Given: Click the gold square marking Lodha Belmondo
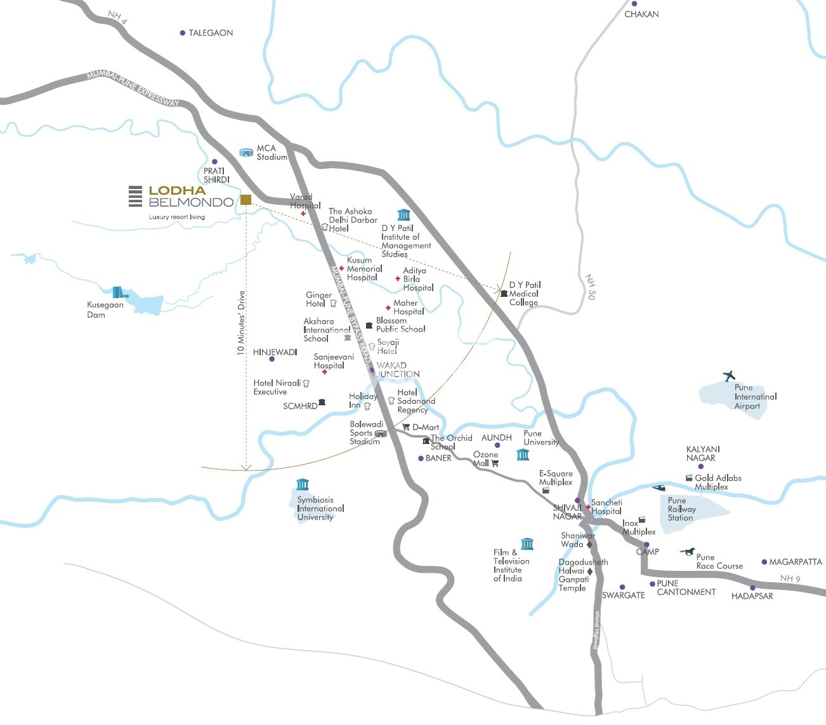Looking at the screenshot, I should pyautogui.click(x=246, y=200).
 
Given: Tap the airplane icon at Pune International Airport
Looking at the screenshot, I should pyautogui.click(x=729, y=376).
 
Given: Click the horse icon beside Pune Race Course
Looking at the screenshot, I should pyautogui.click(x=687, y=551).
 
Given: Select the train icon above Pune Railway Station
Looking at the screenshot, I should pyautogui.click(x=659, y=488).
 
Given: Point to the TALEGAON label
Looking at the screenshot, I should pyautogui.click(x=211, y=33).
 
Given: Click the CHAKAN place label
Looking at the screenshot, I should pyautogui.click(x=641, y=14).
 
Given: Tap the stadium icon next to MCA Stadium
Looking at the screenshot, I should pyautogui.click(x=246, y=152).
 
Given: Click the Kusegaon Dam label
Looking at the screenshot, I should pyautogui.click(x=105, y=310).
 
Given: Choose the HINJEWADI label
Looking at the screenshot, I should pyautogui.click(x=275, y=352).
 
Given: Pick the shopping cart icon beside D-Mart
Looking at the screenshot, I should pyautogui.click(x=406, y=427).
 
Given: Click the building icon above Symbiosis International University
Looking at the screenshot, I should pyautogui.click(x=303, y=485).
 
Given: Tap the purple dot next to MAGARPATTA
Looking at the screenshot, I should pyautogui.click(x=764, y=563).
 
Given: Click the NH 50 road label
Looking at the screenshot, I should pyautogui.click(x=591, y=287).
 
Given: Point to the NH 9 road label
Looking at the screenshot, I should pyautogui.click(x=790, y=578).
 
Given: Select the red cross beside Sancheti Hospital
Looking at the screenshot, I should pyautogui.click(x=588, y=507).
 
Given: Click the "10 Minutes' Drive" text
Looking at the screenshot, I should pyautogui.click(x=241, y=323).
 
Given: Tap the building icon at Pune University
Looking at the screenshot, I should pyautogui.click(x=523, y=454).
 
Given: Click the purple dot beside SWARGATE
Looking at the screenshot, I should pyautogui.click(x=622, y=587).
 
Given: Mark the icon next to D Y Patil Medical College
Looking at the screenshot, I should pyautogui.click(x=504, y=293).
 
